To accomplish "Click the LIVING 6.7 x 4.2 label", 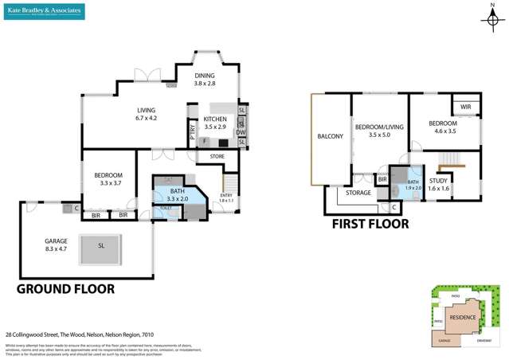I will (x=145, y=115).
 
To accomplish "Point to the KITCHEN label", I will (x=215, y=123).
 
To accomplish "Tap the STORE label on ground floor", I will (x=217, y=157).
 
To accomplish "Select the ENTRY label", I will (x=227, y=197).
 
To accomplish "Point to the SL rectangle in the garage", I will (x=101, y=246).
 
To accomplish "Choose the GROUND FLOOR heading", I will (x=66, y=289).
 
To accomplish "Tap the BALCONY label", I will (x=330, y=136).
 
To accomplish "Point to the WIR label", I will (x=465, y=107).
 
